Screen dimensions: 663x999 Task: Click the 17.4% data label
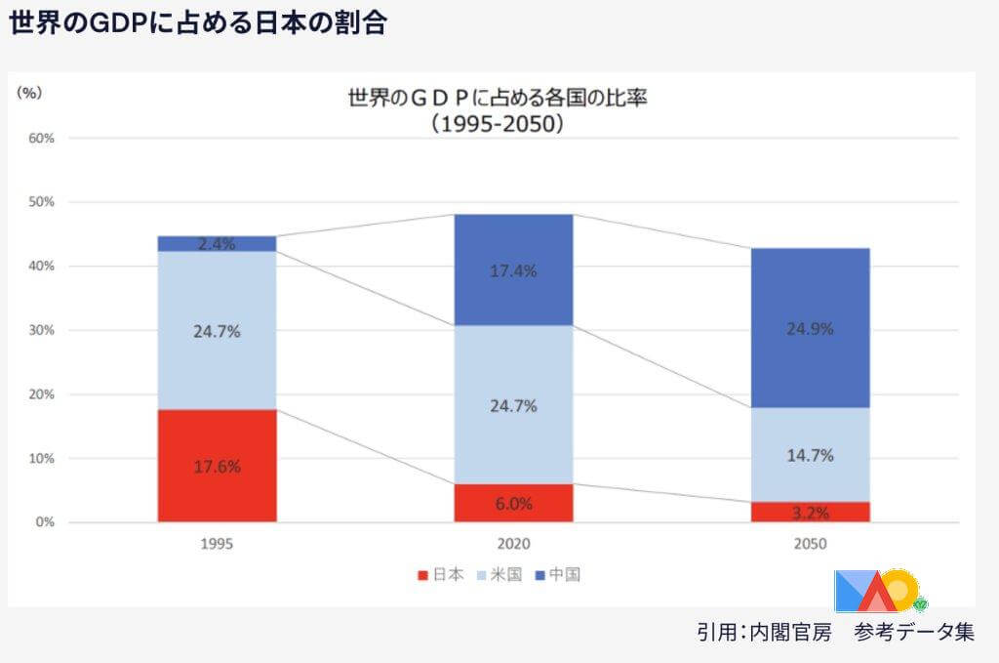point(513,271)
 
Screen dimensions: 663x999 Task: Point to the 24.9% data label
point(810,329)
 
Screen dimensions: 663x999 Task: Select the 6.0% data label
point(513,504)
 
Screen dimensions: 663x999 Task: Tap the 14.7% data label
point(810,455)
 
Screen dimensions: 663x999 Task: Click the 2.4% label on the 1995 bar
point(217,244)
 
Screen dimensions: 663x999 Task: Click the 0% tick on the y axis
point(44,522)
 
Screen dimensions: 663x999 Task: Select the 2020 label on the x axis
point(513,545)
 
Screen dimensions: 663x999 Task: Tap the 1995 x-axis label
point(217,545)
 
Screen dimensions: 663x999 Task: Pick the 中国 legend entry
point(556,574)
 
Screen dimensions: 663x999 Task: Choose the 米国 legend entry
point(499,574)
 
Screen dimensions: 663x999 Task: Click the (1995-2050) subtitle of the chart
point(499,124)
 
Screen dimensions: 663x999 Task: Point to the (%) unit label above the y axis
point(29,93)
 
